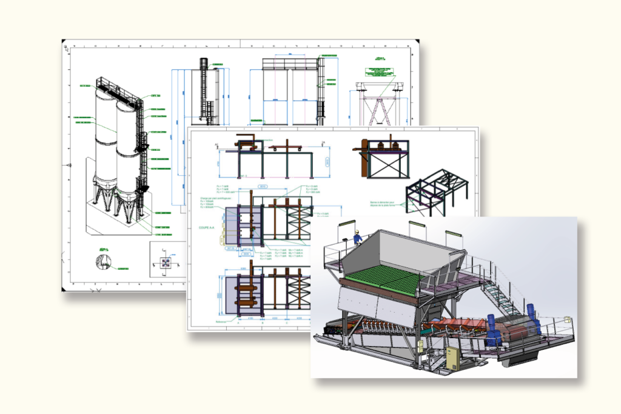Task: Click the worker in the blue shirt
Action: click(x=358, y=238)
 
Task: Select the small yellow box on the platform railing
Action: click(x=566, y=318)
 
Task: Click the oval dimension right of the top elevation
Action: click(x=327, y=162)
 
